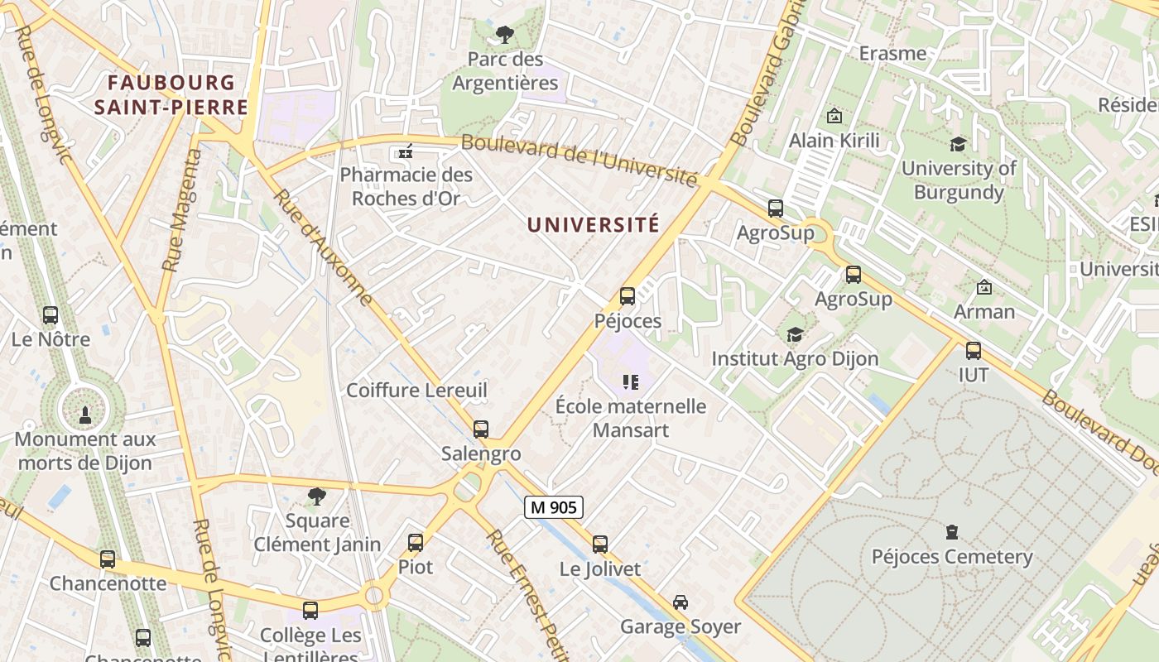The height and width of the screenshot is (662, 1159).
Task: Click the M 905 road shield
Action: coord(554,507)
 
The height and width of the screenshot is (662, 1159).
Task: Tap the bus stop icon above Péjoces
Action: coord(628,295)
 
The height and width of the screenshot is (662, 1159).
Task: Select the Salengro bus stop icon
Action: coord(481,429)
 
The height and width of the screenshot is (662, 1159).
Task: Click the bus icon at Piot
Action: coord(416,543)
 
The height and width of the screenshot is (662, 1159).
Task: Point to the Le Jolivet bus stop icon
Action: coord(600,544)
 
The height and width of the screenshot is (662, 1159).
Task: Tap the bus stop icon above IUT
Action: coord(974,350)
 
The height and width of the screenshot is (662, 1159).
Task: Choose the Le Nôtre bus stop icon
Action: coord(50,315)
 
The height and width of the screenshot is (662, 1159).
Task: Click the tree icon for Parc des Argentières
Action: coord(504,35)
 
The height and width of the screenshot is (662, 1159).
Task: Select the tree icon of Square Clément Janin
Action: coord(316,496)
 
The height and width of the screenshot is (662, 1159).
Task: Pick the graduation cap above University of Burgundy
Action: coord(958,144)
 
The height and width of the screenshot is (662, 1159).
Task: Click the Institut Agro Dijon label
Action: coord(795,359)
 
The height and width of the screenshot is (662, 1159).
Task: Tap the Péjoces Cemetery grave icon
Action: coord(952,532)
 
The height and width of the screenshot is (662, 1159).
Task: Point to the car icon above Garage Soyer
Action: coord(680,602)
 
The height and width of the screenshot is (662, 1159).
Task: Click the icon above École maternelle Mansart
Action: coord(631,382)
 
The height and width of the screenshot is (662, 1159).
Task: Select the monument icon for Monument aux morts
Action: coord(84,415)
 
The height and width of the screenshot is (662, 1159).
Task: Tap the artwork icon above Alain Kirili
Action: coord(834,117)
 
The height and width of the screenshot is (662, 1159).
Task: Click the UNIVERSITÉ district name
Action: coord(593,224)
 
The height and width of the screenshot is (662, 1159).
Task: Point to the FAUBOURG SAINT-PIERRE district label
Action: coord(171,94)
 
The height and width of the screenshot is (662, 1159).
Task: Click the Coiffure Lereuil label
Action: coord(416,390)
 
